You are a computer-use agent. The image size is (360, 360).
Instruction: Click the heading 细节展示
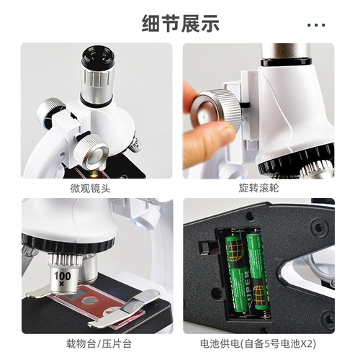180,23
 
